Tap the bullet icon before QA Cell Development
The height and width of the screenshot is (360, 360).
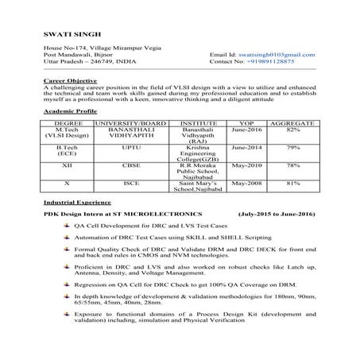tap(68, 226)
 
